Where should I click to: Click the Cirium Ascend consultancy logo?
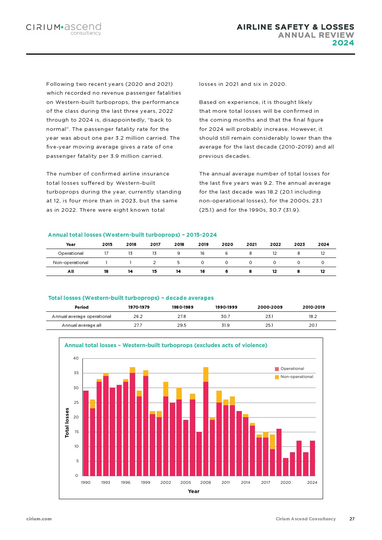coord(64,28)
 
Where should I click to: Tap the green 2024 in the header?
coord(343,43)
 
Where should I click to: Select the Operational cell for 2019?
coord(203,253)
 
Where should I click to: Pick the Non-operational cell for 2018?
coord(179,262)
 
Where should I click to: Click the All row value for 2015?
coord(106,271)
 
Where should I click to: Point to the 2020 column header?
coord(227,244)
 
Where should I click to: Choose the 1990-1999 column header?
coord(226,307)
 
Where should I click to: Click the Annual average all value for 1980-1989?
coord(182,325)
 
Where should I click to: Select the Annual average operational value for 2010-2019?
coord(313,316)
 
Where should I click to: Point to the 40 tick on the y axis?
coord(76,358)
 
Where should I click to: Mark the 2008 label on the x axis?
coord(205,482)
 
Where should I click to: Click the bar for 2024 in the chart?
coord(312,458)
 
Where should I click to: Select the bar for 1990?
coord(86,433)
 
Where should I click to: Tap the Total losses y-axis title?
coord(67,423)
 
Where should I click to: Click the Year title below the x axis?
coord(194,492)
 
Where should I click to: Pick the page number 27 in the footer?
coord(352,519)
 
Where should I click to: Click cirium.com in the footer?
coord(39,519)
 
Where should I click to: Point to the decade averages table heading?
coord(131,298)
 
